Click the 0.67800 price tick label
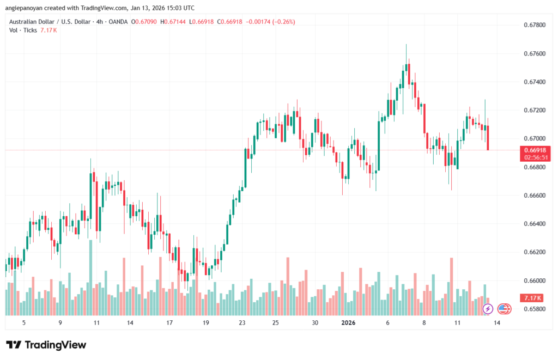pyautogui.click(x=533, y=25)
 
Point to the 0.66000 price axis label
pyautogui.click(x=533, y=280)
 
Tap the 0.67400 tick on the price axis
pyautogui.click(x=533, y=82)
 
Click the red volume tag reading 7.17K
pyautogui.click(x=530, y=298)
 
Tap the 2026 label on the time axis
pyautogui.click(x=348, y=322)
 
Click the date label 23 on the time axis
pyautogui.click(x=241, y=322)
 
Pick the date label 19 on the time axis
pyautogui.click(x=205, y=322)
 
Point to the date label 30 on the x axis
pyautogui.click(x=315, y=322)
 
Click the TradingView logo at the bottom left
pyautogui.click(x=46, y=345)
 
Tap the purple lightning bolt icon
pyautogui.click(x=488, y=309)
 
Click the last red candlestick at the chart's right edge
pyautogui.click(x=488, y=138)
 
